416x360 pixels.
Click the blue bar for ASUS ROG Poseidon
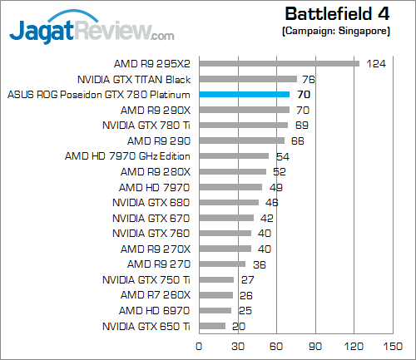coord(244,94)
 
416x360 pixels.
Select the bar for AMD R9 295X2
coord(279,63)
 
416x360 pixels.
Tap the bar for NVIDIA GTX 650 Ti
coord(211,327)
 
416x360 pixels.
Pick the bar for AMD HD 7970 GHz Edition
coord(234,155)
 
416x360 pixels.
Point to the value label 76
coord(308,79)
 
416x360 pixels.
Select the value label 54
coord(282,155)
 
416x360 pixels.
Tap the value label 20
coord(238,327)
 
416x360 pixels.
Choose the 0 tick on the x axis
coord(199,345)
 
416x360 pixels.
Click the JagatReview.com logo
coord(92,30)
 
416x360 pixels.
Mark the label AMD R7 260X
coord(156,295)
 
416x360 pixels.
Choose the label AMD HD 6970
coord(155,311)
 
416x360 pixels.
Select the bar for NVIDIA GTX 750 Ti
coord(215,280)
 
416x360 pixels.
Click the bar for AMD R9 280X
coord(232,171)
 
